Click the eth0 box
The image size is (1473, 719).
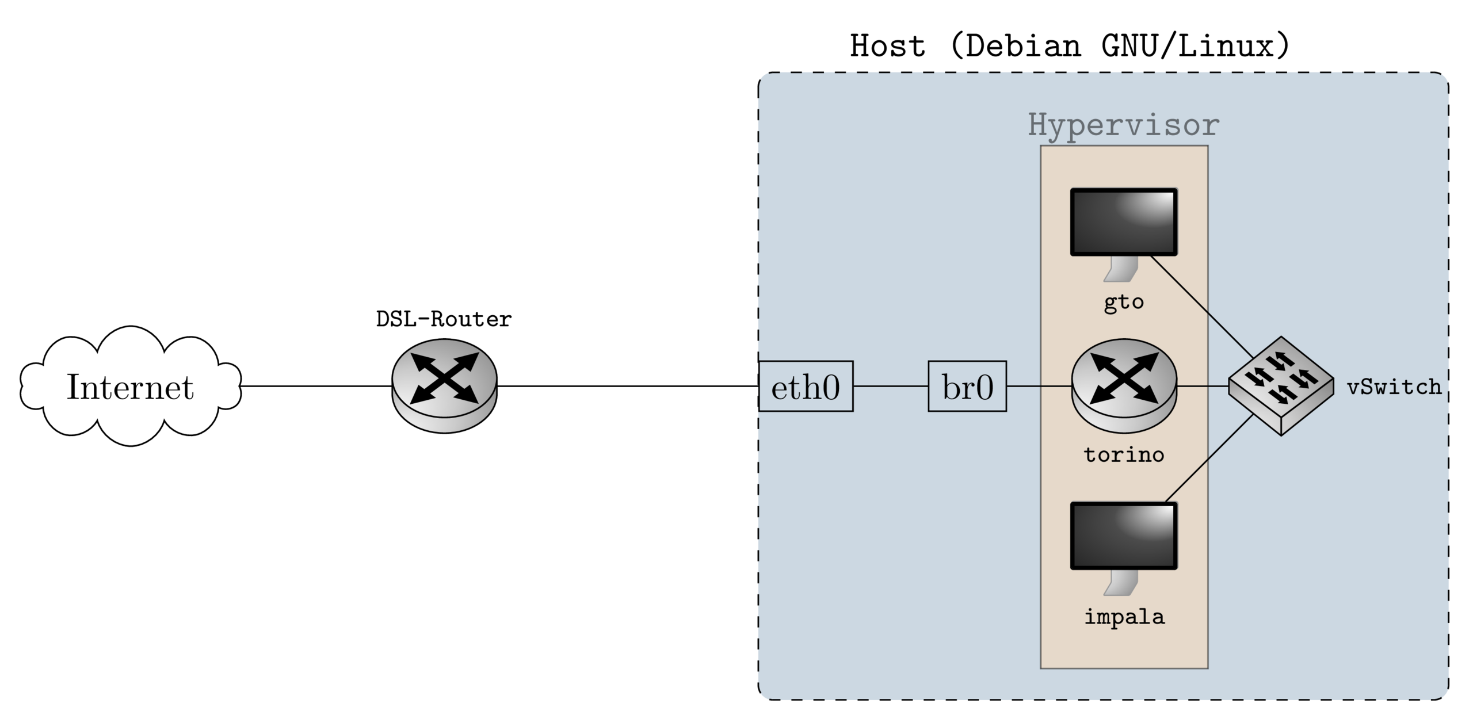806,387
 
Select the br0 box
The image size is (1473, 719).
967,387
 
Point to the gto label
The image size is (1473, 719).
1123,302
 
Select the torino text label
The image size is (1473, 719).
1124,454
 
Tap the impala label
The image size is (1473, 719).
1124,617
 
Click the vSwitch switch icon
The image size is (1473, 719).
1281,385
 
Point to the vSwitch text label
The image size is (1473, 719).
1394,387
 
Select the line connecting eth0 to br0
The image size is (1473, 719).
890,387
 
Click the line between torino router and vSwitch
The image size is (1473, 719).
1203,387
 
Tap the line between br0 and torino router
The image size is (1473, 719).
1039,387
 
